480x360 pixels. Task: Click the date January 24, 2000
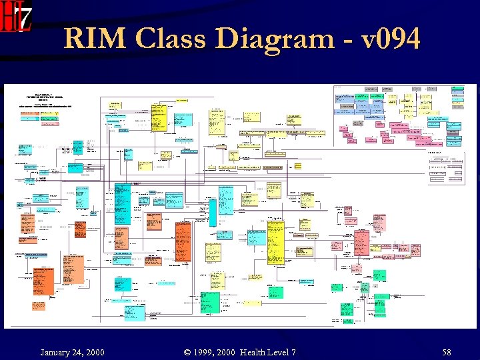tap(72, 351)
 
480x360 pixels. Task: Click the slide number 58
tap(446, 351)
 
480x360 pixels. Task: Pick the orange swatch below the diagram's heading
tap(30, 113)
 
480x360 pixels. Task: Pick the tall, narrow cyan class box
tap(213, 212)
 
